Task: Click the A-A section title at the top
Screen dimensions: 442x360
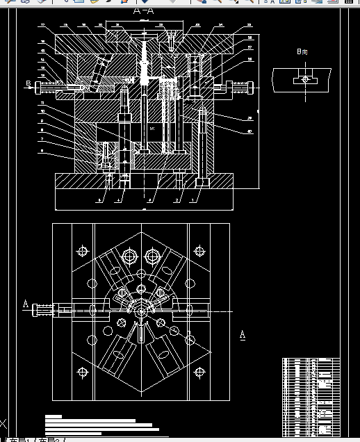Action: point(143,12)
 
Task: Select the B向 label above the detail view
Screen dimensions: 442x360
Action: point(302,52)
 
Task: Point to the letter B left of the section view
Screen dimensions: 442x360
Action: point(28,84)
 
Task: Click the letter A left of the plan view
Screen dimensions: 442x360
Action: point(26,304)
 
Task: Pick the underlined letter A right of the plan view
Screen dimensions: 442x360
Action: point(242,335)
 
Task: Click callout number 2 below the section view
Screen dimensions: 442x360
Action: point(176,200)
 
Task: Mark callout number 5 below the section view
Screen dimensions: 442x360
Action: point(99,200)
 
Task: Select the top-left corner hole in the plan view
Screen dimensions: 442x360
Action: point(83,251)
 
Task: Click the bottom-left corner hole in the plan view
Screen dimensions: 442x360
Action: point(83,372)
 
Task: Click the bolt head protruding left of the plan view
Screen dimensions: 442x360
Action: point(44,310)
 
